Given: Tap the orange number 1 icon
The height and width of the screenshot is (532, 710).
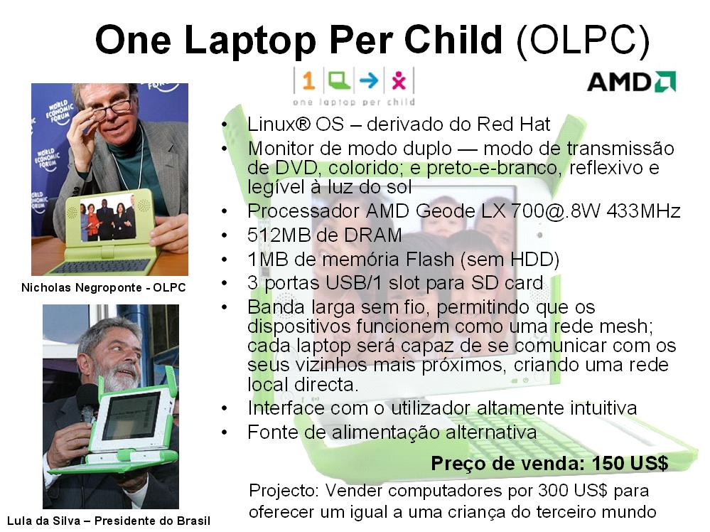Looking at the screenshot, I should [308, 81].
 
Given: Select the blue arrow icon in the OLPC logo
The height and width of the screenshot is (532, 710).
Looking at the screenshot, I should [367, 81].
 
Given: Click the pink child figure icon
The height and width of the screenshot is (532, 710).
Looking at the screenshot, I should [398, 81].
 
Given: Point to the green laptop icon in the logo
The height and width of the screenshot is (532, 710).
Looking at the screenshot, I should [338, 80].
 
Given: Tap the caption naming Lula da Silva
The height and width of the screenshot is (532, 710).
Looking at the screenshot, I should [109, 520].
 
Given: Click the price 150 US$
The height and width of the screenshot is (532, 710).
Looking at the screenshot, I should [631, 464].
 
